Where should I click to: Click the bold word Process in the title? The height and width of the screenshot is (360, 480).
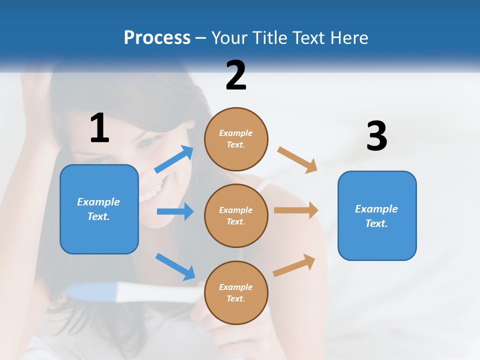(157, 37)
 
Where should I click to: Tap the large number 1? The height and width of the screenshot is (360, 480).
(99, 128)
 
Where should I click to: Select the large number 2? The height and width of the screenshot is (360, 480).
(236, 75)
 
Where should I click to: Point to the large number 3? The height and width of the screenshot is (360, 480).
(376, 136)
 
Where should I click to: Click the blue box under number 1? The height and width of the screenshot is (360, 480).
(99, 209)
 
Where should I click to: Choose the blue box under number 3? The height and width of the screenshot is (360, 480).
(377, 215)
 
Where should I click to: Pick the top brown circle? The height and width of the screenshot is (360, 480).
(236, 139)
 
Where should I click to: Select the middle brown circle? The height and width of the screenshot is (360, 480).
(236, 215)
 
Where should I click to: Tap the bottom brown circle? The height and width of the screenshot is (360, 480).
(236, 292)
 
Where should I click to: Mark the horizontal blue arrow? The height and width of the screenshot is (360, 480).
(175, 211)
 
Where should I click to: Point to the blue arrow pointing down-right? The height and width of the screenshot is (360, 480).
(175, 266)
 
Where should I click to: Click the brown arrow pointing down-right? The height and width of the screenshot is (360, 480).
(297, 160)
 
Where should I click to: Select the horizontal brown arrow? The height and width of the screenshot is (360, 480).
(296, 210)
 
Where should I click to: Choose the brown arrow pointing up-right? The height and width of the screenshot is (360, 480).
(294, 265)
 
